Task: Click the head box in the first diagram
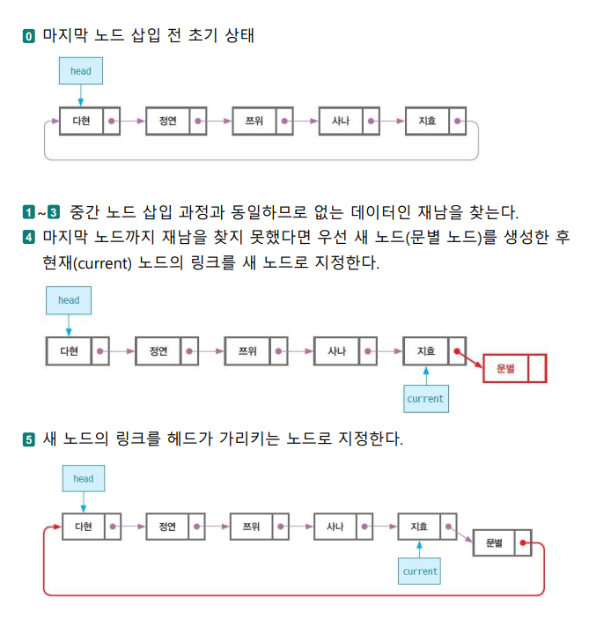(x=80, y=70)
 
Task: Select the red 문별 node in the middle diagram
(x=515, y=368)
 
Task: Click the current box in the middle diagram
(x=425, y=398)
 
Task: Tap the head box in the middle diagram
(x=69, y=300)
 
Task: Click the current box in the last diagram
(x=420, y=571)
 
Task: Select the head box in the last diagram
(x=84, y=478)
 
